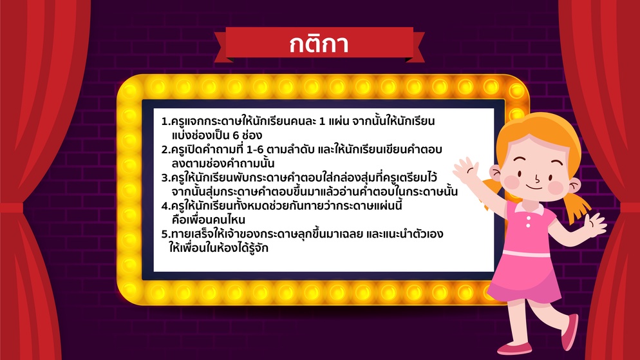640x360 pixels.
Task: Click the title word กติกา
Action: (319, 43)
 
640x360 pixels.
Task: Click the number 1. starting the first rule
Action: (165, 121)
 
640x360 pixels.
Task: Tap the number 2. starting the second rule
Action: (165, 149)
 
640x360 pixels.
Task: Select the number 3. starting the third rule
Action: (165, 178)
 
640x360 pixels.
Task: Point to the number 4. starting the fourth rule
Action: (165, 206)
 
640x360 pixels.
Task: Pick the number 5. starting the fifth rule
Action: (165, 234)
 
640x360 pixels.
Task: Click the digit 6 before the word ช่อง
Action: (236, 135)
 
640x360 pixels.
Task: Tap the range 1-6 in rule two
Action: (255, 149)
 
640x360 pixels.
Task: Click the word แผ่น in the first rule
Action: (339, 120)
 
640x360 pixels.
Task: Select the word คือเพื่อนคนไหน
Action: (208, 219)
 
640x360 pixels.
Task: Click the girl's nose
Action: (537, 180)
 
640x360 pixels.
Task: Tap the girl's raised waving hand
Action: (466, 171)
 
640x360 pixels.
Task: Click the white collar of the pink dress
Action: (529, 208)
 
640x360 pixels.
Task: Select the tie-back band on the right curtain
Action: (630, 208)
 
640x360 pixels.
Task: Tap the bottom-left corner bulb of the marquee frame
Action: (131, 291)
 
